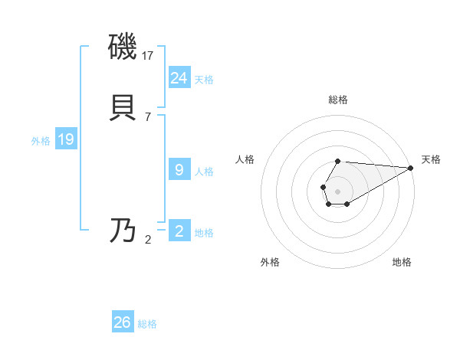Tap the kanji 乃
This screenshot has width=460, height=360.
coord(123,231)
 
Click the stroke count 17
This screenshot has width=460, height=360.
coord(149,56)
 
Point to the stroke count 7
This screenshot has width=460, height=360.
coord(148,117)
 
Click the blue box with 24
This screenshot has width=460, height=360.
coord(179,77)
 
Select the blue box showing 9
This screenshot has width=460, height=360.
coord(179,170)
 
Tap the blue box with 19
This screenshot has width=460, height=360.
coord(66,139)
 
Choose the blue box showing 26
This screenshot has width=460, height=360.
coord(123,322)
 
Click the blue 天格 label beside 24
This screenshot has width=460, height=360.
coord(204,80)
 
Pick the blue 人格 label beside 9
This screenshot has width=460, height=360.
coord(204,172)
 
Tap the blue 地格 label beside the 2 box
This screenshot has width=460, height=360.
coord(204,233)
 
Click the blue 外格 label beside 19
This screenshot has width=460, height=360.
coord(41,141)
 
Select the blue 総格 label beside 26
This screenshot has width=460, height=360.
coord(147,325)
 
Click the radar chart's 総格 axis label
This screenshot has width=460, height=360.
coord(337,100)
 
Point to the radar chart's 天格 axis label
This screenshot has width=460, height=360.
coord(431,159)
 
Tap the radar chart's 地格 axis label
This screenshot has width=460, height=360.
coord(402,262)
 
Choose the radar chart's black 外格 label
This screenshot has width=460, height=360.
coord(270,262)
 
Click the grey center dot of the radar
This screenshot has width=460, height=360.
coord(337,191)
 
